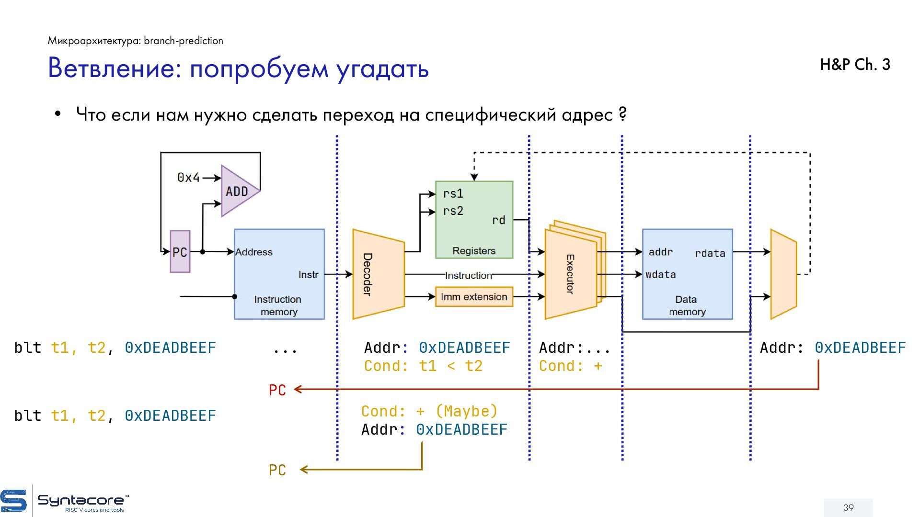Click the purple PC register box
180,252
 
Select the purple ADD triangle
237,191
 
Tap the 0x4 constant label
188,178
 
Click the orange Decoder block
378,274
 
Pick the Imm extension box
473,297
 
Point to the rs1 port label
453,193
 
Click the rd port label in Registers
498,220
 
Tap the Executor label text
570,274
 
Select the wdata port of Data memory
661,275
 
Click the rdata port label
710,253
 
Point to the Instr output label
308,275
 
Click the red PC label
277,391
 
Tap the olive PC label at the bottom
277,471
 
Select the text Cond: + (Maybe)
429,411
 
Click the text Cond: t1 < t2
423,366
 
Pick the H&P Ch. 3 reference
855,65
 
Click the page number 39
849,507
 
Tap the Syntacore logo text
80,501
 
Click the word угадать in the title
382,68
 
